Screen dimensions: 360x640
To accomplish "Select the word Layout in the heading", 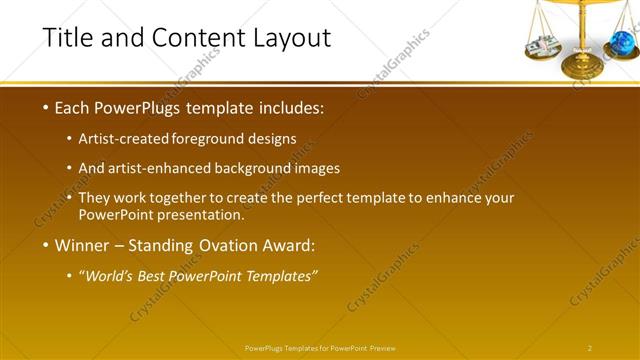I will point(290,38).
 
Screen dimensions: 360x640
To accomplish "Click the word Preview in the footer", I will point(383,348).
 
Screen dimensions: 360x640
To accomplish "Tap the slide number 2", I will point(590,348).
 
